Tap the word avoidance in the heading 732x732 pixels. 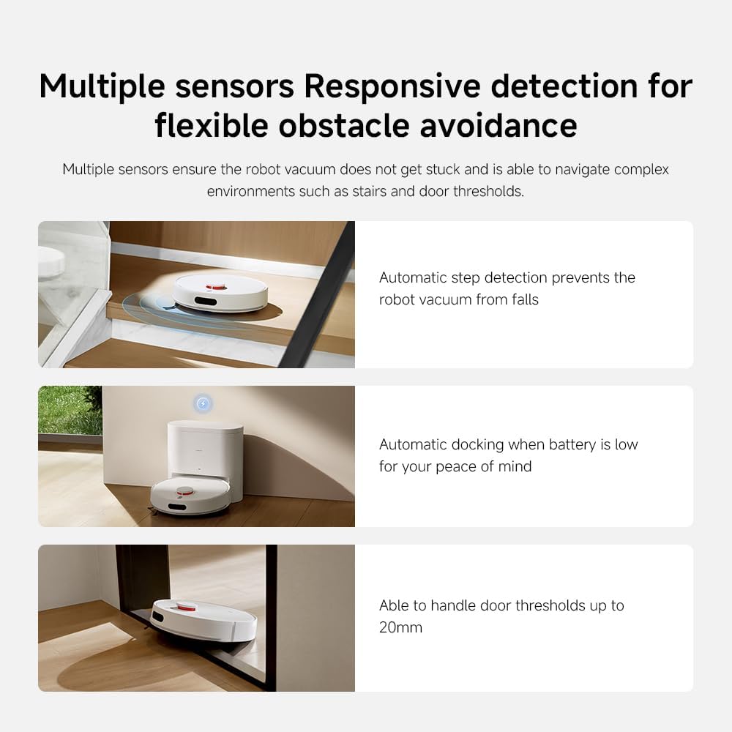click(x=498, y=125)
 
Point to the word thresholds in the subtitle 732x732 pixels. click(x=490, y=191)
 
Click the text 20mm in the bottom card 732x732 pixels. click(x=400, y=627)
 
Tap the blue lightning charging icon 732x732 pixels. click(x=203, y=403)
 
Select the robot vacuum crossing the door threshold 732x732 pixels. click(x=203, y=619)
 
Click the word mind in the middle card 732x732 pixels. click(x=515, y=466)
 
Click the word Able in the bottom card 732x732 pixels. click(x=393, y=605)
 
